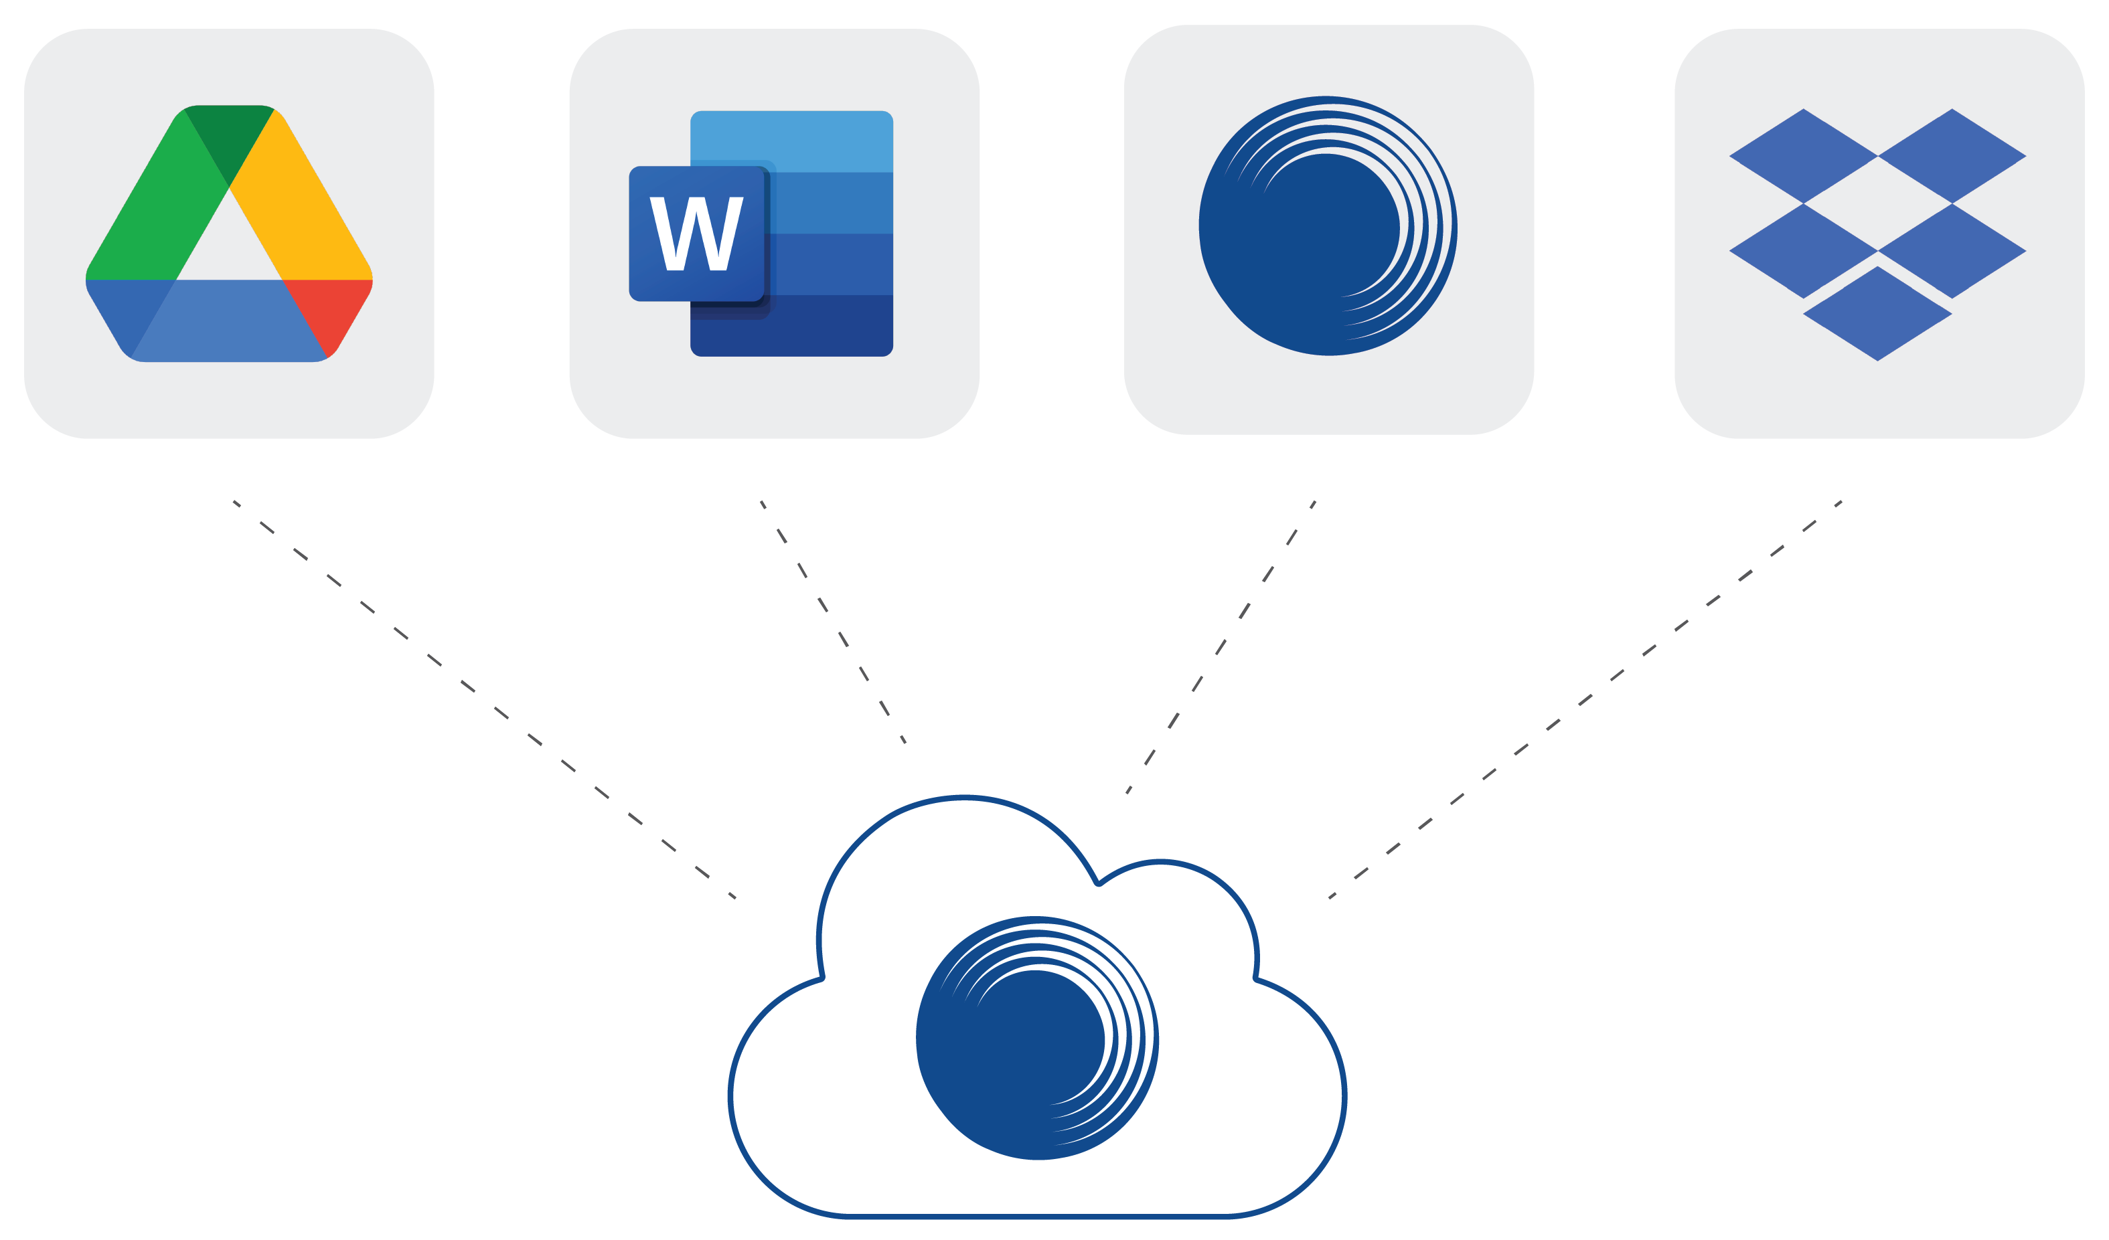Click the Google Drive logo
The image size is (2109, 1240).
[228, 234]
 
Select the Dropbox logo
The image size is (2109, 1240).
[1877, 234]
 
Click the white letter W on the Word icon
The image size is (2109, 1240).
[696, 234]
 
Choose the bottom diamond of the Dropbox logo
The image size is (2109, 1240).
[1877, 314]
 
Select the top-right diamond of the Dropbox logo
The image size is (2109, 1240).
[1952, 156]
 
